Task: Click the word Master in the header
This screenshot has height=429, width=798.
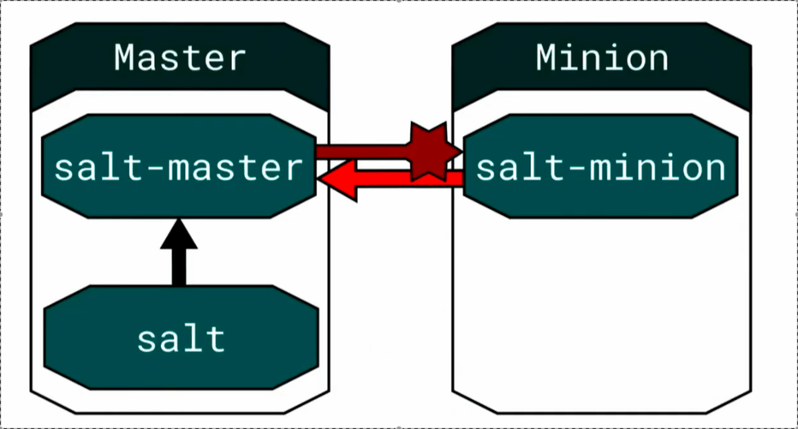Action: (x=180, y=57)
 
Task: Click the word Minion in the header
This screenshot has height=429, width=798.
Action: (x=602, y=57)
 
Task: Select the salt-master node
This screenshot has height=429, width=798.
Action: (x=179, y=166)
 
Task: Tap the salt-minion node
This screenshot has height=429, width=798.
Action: (x=600, y=166)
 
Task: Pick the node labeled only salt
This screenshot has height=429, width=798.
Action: (x=182, y=338)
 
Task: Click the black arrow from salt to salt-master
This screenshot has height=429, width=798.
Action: (x=179, y=253)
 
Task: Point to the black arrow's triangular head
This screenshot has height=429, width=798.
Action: (x=179, y=234)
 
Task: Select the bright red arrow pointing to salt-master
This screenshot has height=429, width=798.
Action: (x=390, y=180)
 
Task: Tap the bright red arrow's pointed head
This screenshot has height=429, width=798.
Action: (x=337, y=180)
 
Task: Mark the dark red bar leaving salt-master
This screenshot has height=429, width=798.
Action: (x=363, y=152)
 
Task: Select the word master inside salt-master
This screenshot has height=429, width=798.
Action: (x=235, y=168)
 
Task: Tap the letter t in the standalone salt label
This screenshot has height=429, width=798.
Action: (x=215, y=338)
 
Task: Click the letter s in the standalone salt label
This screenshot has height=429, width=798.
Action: (x=146, y=341)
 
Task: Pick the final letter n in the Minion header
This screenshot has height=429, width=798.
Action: (x=657, y=61)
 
